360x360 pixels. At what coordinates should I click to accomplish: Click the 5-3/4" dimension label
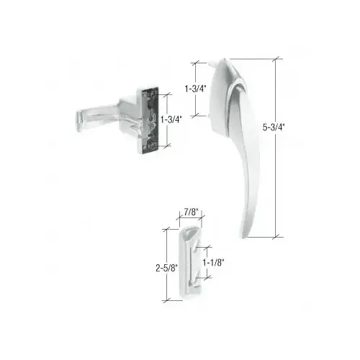273,127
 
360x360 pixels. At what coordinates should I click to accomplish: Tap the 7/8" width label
192,212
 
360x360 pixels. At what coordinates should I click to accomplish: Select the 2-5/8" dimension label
167,268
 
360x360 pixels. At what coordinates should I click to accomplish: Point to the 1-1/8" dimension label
213,263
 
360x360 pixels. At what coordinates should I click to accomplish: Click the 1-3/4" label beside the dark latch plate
171,120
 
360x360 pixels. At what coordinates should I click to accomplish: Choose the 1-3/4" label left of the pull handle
195,89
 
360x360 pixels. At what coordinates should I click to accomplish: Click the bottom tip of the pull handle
243,238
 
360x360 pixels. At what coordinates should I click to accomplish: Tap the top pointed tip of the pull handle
224,59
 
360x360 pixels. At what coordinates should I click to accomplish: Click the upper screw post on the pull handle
212,63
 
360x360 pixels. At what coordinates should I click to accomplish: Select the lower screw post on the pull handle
209,116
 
